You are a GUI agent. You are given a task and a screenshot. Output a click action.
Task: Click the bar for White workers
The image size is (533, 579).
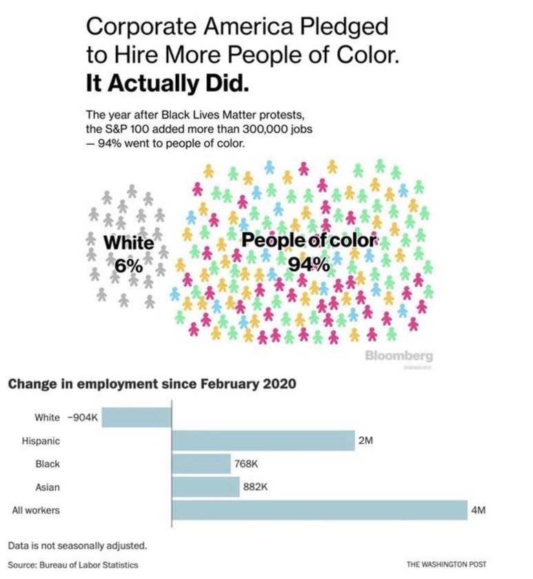click(x=137, y=418)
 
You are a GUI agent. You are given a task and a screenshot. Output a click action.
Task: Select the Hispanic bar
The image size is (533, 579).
click(x=263, y=440)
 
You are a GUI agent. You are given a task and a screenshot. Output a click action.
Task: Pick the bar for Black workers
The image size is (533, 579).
click(x=201, y=464)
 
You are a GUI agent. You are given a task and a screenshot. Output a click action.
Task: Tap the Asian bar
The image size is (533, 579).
click(x=205, y=487)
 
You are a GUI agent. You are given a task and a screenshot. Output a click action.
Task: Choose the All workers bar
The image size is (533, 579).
click(x=319, y=510)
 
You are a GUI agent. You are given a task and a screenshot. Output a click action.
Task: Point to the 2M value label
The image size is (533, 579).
click(x=365, y=440)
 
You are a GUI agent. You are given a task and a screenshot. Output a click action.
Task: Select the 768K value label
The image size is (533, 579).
click(x=246, y=464)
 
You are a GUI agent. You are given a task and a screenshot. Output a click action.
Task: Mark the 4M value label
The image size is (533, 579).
click(x=479, y=510)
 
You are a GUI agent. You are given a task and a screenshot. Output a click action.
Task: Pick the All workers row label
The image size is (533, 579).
click(x=37, y=510)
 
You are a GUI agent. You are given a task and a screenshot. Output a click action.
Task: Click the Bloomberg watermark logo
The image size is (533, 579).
click(x=399, y=356)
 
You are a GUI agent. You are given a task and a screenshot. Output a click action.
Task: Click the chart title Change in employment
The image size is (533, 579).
click(x=152, y=384)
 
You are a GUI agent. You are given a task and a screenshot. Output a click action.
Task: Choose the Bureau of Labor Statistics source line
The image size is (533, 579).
click(x=73, y=565)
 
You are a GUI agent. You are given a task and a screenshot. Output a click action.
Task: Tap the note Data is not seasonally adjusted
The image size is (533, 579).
click(x=78, y=546)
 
